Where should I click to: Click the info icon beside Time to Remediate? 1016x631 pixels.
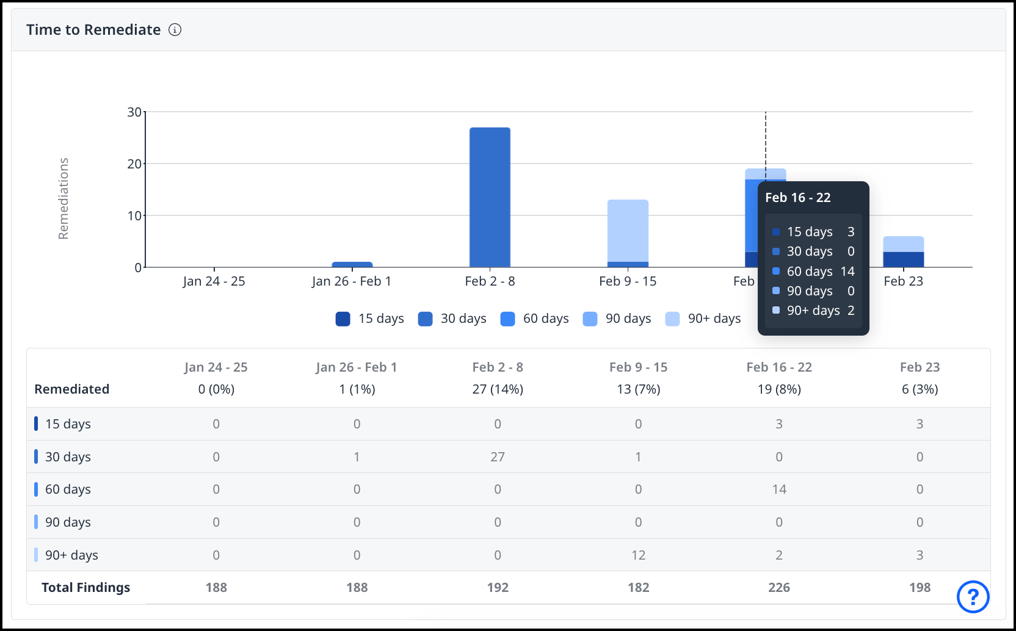pos(175,30)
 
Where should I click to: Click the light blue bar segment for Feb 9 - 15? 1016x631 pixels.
pos(628,230)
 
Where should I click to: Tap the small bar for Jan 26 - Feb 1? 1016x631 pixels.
pos(352,264)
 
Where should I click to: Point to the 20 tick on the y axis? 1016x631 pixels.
pos(134,164)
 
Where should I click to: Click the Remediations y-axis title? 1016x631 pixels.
pos(64,198)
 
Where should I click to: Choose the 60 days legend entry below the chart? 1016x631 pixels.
pos(534,319)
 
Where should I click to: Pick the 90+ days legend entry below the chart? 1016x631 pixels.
pos(703,319)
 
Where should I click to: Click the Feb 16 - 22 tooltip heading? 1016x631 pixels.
pos(797,198)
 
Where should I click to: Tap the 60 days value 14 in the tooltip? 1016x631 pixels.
pos(847,272)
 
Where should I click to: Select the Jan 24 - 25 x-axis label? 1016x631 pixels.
pos(214,281)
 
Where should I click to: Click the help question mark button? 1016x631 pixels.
pos(973,596)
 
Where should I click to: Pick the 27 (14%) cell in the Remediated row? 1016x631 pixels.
pos(498,389)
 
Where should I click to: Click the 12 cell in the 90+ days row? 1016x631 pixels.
pos(638,555)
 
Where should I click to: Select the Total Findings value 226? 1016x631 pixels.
pos(778,588)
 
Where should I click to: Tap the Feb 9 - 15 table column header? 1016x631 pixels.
pos(638,367)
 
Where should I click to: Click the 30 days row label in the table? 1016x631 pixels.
pos(68,457)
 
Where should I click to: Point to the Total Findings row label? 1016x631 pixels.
pos(85,588)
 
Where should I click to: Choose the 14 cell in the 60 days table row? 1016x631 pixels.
pos(778,489)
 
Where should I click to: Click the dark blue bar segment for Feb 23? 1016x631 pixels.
pos(903,259)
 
